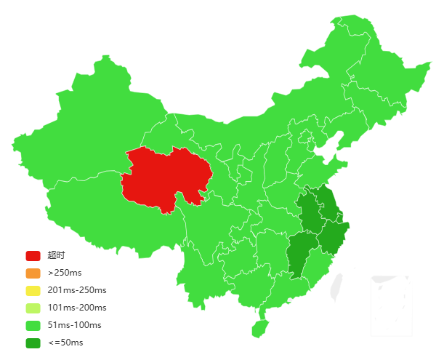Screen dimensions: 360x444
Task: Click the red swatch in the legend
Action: (x=33, y=255)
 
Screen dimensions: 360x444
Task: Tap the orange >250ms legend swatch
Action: (x=33, y=273)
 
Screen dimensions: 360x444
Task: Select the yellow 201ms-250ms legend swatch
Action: (x=33, y=290)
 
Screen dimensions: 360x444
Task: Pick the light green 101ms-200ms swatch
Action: (x=33, y=308)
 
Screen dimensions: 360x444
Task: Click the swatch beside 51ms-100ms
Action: (x=33, y=325)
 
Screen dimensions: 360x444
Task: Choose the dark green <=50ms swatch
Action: (x=33, y=343)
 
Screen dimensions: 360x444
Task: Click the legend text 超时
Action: (x=57, y=255)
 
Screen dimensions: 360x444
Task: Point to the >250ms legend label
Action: (x=65, y=273)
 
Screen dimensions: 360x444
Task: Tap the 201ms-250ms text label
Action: (x=77, y=290)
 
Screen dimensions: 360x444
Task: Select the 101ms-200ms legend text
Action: (x=77, y=308)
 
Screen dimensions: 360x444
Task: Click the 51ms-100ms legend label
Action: (x=74, y=325)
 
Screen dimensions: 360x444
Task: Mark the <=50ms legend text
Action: (x=65, y=343)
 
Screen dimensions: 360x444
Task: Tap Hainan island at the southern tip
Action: (x=260, y=328)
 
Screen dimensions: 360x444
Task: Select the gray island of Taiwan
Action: (x=336, y=286)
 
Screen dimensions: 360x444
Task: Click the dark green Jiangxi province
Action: (x=300, y=255)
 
